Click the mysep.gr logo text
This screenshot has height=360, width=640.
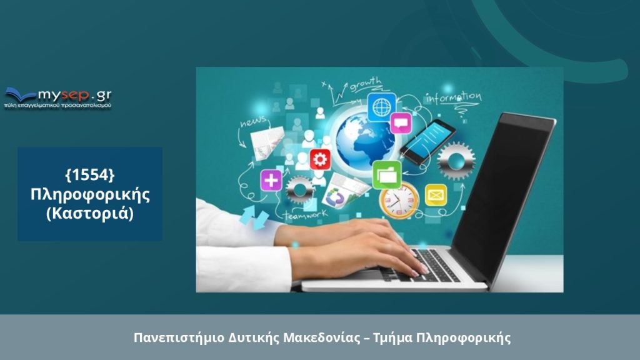[x=74, y=96]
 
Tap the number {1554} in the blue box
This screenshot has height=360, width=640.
[x=90, y=175]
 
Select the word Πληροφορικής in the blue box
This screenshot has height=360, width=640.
[x=90, y=194]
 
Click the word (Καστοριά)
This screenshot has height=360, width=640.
[x=90, y=214]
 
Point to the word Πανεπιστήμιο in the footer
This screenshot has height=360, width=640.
[x=179, y=338]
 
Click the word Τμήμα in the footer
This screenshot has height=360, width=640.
[x=392, y=338]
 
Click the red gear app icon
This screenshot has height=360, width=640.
[x=320, y=159]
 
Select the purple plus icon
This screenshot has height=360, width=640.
[x=271, y=180]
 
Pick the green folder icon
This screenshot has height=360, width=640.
[x=386, y=175]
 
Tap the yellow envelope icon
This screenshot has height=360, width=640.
[x=436, y=195]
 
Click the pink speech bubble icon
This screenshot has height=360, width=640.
[x=401, y=123]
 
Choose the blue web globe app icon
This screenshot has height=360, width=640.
[x=382, y=107]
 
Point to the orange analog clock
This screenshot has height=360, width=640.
[x=399, y=201]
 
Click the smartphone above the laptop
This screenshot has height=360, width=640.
[x=427, y=142]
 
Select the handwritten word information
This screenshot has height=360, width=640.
[x=453, y=97]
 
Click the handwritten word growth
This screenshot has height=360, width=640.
[x=365, y=84]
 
